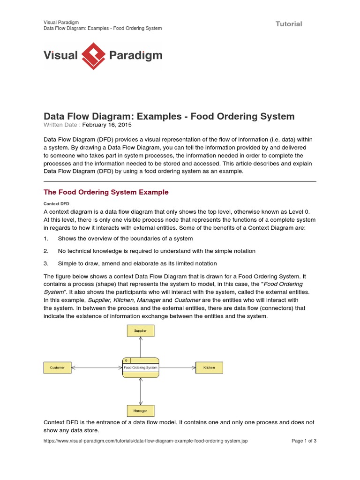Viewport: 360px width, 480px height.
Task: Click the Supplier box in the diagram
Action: [140, 330]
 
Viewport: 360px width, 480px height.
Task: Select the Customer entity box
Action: [57, 368]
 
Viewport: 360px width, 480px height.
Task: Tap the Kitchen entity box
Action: [209, 368]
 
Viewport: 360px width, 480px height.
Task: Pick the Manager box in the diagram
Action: [140, 411]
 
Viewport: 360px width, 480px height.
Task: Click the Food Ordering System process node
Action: [140, 367]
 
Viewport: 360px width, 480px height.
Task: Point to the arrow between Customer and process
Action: [96, 368]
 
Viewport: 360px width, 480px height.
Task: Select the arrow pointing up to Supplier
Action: [140, 347]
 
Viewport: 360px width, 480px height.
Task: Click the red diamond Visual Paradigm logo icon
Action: [94, 56]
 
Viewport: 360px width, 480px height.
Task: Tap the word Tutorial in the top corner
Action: [288, 24]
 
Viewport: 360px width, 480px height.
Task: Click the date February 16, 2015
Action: [107, 125]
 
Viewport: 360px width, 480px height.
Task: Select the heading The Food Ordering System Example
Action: [106, 192]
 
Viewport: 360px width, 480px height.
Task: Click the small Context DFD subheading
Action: [56, 204]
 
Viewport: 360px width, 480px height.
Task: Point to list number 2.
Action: [46, 251]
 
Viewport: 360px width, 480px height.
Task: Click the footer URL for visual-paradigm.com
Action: [146, 441]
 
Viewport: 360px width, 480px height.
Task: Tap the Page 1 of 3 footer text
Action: [304, 441]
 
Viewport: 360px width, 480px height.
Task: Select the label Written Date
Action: [62, 125]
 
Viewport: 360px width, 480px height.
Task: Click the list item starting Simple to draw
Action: [137, 263]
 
